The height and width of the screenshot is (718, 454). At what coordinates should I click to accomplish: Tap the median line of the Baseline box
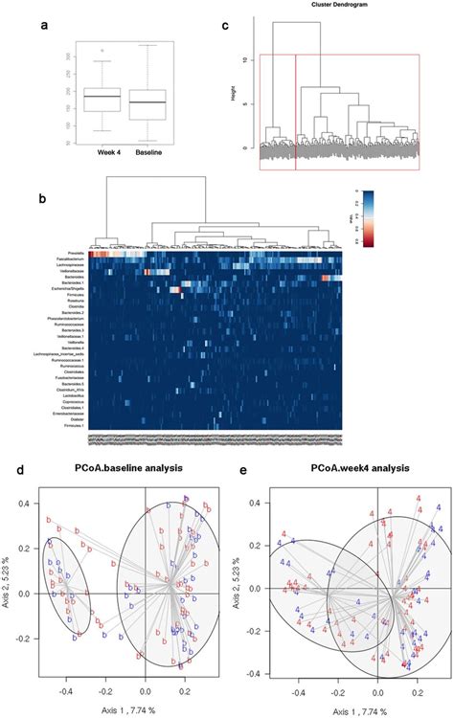[148, 101]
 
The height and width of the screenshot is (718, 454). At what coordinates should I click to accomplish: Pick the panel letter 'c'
[225, 27]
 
